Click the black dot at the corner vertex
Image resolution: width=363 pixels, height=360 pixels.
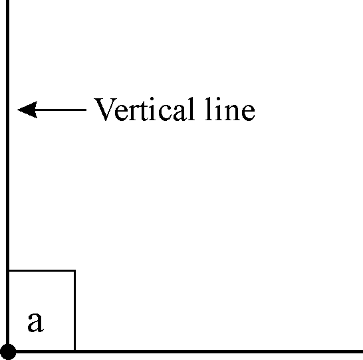[8, 351]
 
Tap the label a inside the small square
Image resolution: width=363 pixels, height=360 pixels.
[35, 322]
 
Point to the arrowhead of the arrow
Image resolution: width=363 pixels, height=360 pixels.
[27, 110]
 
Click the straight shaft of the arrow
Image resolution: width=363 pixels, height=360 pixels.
[62, 110]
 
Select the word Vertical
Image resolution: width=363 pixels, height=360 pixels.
[144, 109]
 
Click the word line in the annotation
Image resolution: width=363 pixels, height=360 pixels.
[230, 109]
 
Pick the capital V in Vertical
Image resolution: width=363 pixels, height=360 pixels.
[105, 110]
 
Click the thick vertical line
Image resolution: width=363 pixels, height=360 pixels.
[7, 176]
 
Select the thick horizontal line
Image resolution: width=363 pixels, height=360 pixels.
[185, 351]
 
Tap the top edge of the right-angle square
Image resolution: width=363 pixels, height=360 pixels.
[42, 270]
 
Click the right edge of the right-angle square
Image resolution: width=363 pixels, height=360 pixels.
[74, 310]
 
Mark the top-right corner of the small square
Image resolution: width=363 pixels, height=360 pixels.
[74, 270]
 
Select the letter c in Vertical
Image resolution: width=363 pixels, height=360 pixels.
[165, 112]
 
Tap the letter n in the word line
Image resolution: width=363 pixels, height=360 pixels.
[231, 112]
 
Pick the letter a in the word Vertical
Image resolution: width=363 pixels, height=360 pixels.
[180, 112]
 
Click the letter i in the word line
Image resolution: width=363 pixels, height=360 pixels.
[217, 109]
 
